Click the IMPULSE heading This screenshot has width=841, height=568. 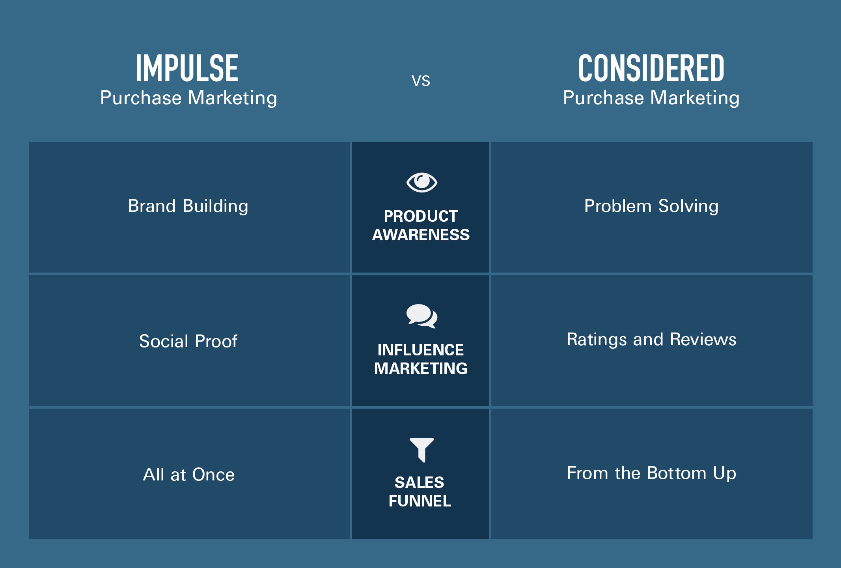point(187,68)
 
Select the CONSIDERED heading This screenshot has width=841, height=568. point(651,68)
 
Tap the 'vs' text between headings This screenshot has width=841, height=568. point(421,81)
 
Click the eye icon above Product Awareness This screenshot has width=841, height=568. point(421,183)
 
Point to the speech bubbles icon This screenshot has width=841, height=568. point(421,316)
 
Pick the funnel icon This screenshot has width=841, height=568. point(421,450)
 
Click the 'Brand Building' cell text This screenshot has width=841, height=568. point(188,206)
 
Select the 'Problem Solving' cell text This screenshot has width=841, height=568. point(651,206)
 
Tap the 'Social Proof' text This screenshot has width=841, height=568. point(188,341)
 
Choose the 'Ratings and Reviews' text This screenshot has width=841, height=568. point(651,339)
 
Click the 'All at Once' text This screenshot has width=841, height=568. point(188,474)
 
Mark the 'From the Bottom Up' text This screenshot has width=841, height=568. point(651,473)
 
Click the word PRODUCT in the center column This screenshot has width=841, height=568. point(421,216)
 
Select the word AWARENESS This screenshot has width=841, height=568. point(421,235)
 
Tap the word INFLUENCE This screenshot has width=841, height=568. point(421,350)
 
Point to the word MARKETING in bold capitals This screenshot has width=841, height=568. point(421,368)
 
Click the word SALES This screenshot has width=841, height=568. point(420,482)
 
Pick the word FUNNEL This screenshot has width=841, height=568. point(420,501)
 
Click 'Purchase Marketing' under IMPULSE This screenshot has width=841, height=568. point(188,98)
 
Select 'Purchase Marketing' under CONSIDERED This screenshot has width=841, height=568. point(651,98)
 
